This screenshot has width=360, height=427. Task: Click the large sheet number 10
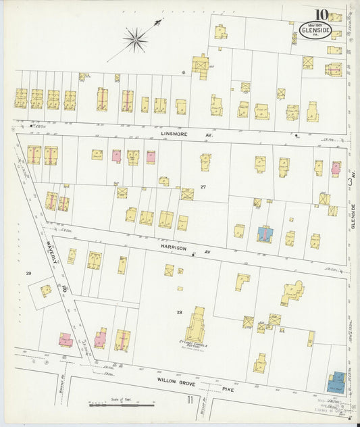pos(320,14)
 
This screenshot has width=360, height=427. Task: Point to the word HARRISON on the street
pos(173,248)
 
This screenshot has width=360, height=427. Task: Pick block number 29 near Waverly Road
pos(28,273)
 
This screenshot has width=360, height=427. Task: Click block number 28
pos(180,311)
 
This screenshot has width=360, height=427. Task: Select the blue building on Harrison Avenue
pos(265,234)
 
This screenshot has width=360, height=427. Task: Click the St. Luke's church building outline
pos(199,324)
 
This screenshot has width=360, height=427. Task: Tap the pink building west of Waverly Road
pos(66,340)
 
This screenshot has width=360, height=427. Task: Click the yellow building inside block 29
pos(46,291)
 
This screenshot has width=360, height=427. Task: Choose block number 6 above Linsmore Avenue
pos(182,72)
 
